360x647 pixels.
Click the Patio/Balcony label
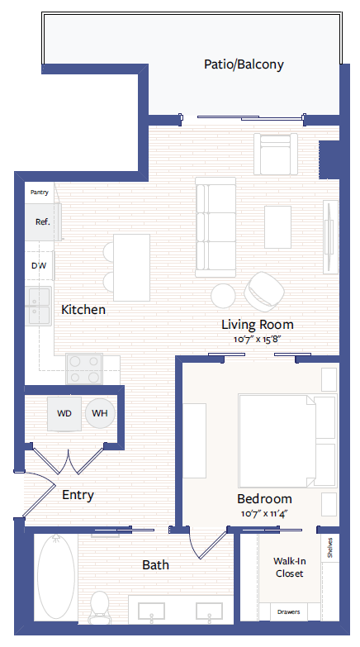244,64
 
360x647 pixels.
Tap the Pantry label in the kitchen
39,193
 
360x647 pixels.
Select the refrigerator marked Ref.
41,221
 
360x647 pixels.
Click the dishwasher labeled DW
38,266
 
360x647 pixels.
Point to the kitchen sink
38,306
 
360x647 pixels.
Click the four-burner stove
83,369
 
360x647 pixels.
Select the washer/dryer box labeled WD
64,412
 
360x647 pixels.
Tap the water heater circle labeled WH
100,412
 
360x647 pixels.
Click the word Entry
78,495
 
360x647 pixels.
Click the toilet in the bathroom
100,605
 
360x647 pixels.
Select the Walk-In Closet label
288,567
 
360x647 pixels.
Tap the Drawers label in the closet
288,612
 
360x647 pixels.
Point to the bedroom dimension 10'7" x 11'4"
264,513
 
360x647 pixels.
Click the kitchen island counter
131,267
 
